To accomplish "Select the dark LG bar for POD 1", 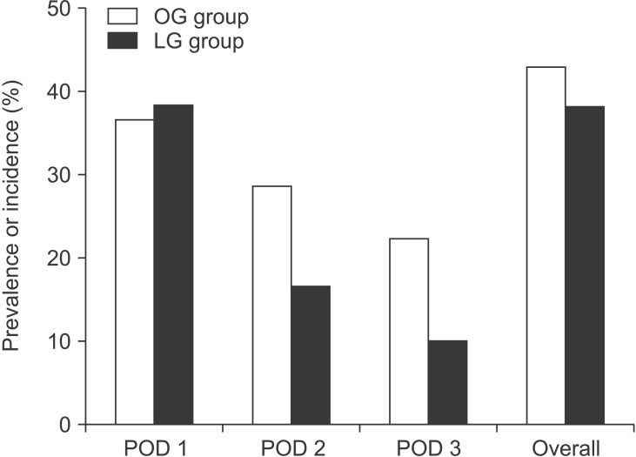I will [x=174, y=265].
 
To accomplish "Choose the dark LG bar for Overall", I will [x=585, y=265].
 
